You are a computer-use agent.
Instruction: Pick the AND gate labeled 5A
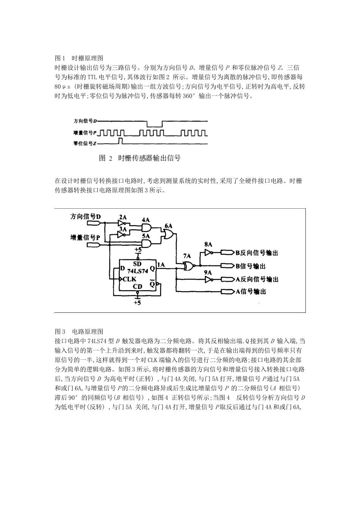click(146, 244)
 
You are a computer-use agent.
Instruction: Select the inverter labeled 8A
click(208, 253)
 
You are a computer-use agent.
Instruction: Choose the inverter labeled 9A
click(208, 279)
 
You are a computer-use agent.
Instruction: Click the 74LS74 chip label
click(137, 271)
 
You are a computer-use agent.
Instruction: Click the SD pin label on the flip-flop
click(138, 264)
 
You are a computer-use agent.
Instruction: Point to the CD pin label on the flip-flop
click(138, 287)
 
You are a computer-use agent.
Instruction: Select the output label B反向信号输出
click(257, 253)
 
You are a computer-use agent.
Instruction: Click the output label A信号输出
click(251, 292)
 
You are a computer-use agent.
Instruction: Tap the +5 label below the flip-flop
click(137, 303)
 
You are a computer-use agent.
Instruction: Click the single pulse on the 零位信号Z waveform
click(121, 141)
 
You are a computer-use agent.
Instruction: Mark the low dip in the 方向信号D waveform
click(154, 124)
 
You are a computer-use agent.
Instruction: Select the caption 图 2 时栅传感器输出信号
click(139, 158)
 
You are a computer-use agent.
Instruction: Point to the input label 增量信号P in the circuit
click(85, 237)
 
